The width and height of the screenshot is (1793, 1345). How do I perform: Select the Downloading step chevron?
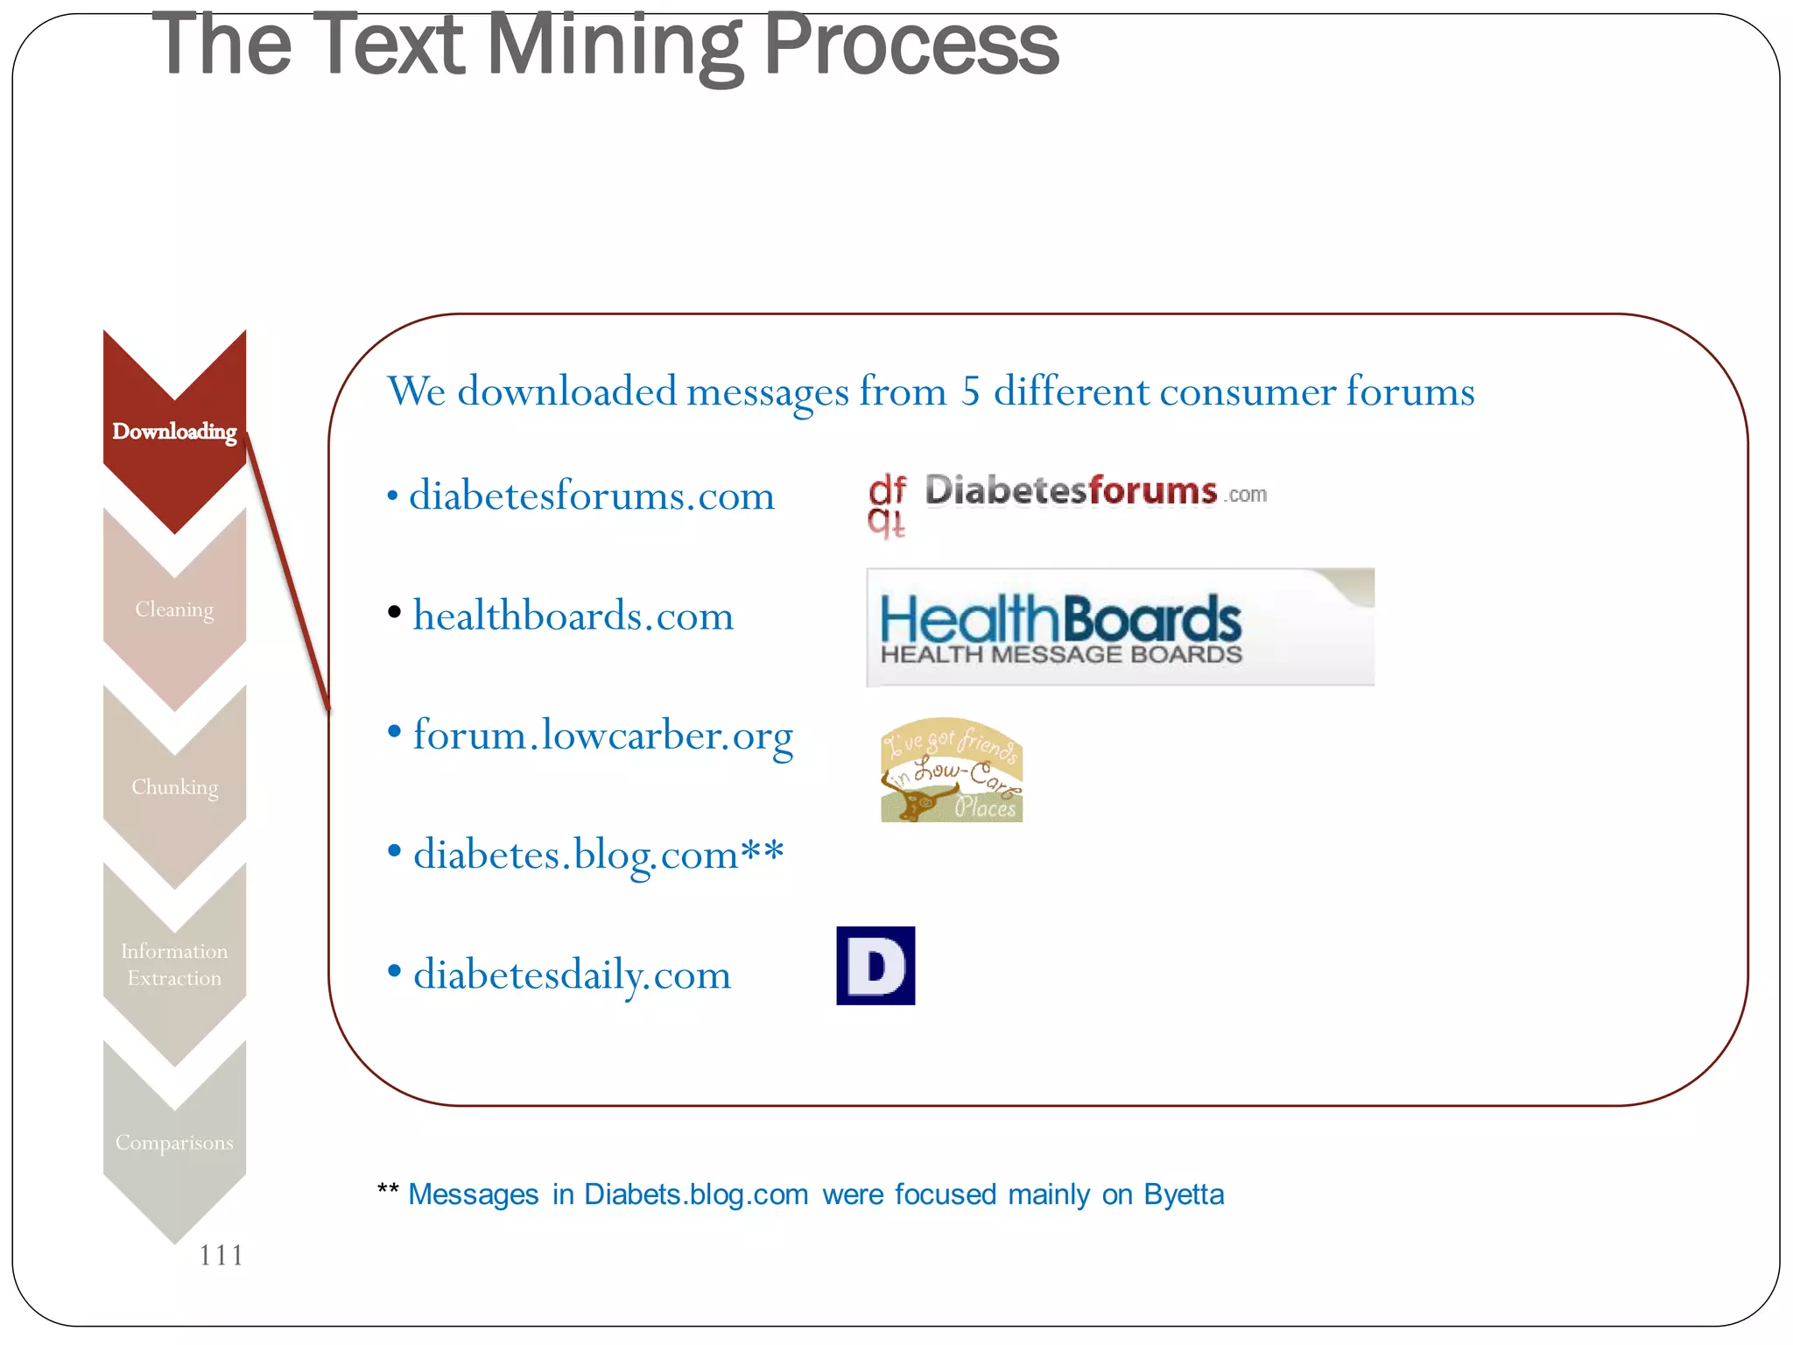coord(174,432)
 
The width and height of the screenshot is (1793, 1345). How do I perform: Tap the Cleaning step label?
coord(174,609)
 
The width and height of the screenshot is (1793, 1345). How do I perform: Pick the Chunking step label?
coord(174,787)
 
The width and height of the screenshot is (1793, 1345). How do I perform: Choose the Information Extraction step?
coord(174,964)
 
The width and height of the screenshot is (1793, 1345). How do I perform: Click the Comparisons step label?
coord(174,1143)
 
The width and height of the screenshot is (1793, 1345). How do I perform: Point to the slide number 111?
coord(221,1256)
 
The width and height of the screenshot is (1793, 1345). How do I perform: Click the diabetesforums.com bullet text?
coord(592,496)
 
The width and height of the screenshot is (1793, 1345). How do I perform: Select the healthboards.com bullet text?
coord(573,616)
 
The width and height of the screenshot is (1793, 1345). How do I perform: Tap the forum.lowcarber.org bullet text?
coord(602,736)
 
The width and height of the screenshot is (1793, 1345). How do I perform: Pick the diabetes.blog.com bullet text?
coord(598,855)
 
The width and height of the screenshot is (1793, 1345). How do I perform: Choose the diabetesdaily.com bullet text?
coord(572,975)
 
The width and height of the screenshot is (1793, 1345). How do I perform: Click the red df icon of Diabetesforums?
coord(887,504)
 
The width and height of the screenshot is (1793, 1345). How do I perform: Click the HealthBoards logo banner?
coord(1120,627)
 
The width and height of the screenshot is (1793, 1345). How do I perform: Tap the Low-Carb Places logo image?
coord(952,771)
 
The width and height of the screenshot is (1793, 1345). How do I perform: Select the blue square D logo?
coord(875,966)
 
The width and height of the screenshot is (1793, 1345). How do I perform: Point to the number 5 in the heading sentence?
coord(970,391)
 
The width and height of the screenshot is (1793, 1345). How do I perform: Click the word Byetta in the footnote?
coord(1184,1194)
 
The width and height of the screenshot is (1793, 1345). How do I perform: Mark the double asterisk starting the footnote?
coord(388,1191)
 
